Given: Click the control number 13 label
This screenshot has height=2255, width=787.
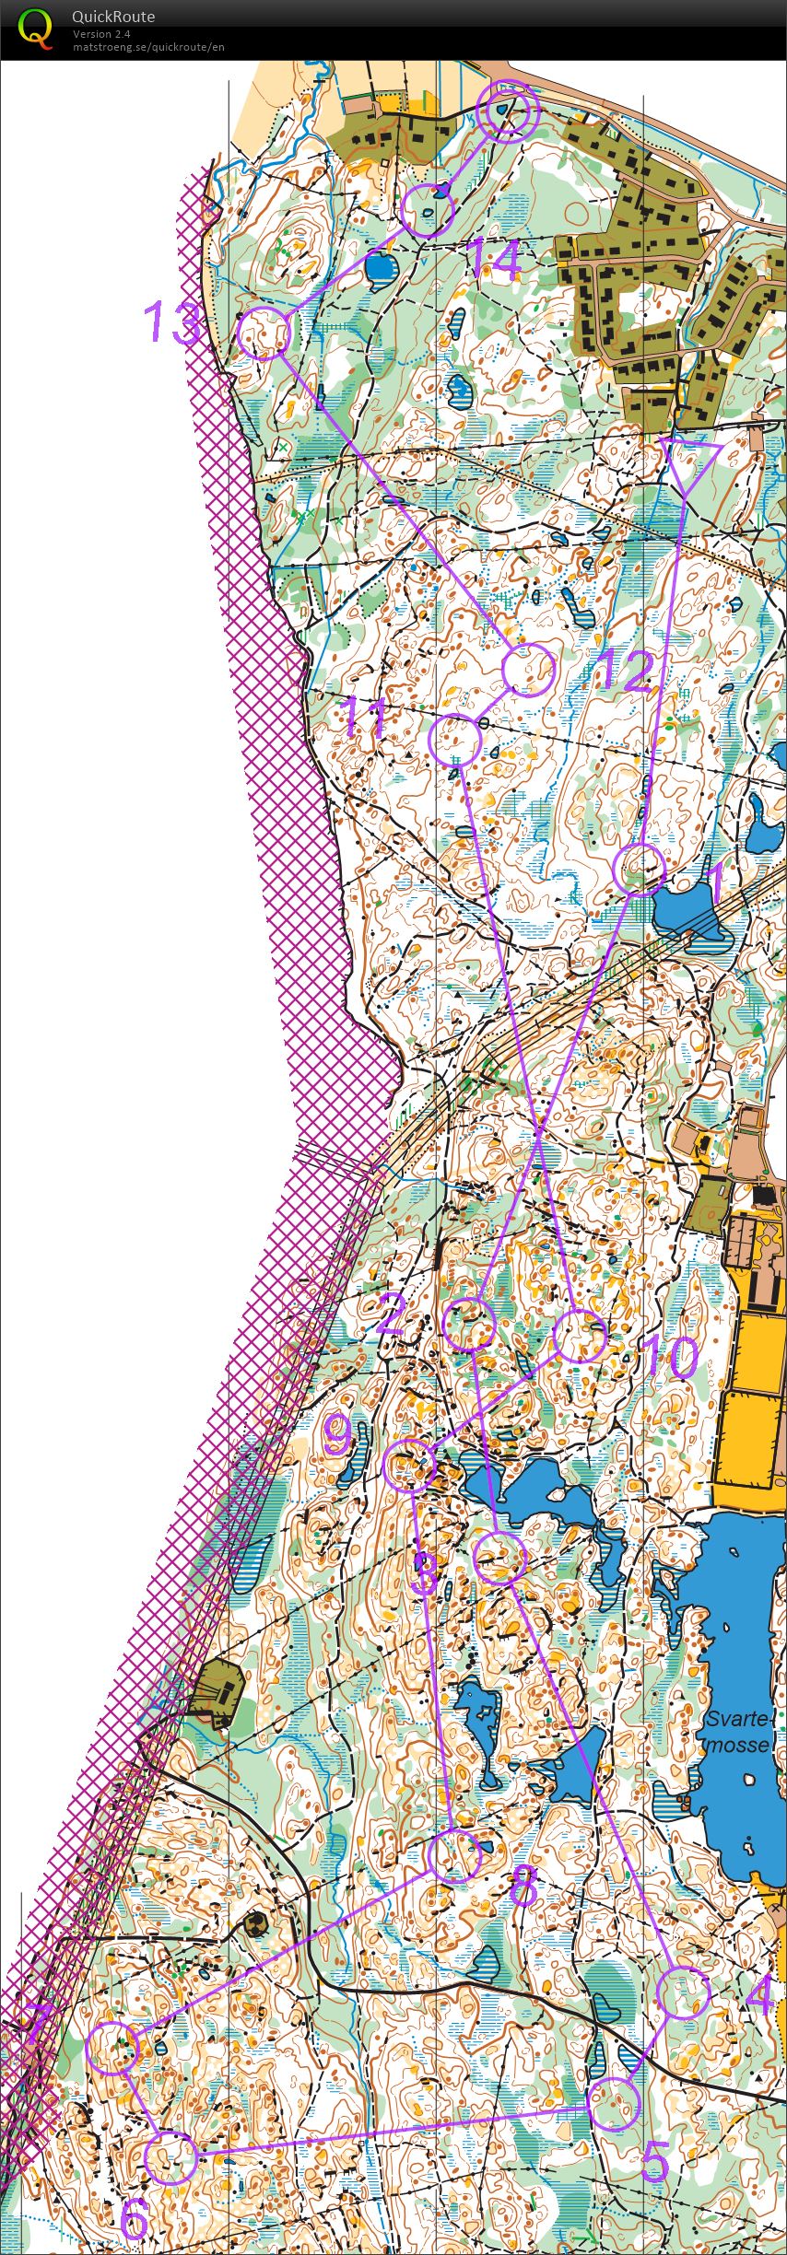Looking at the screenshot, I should click(x=172, y=322).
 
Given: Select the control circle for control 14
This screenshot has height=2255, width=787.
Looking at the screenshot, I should click(x=429, y=210).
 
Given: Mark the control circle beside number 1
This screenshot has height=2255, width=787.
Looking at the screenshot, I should click(x=639, y=868).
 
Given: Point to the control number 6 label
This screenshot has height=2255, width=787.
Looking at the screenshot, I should click(x=135, y=2219).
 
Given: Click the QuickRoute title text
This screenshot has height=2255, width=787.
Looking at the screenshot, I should click(x=113, y=17).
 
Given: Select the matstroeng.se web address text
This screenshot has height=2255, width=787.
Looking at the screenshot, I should click(x=148, y=47).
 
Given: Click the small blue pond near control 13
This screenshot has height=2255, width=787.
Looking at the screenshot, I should click(x=380, y=268).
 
